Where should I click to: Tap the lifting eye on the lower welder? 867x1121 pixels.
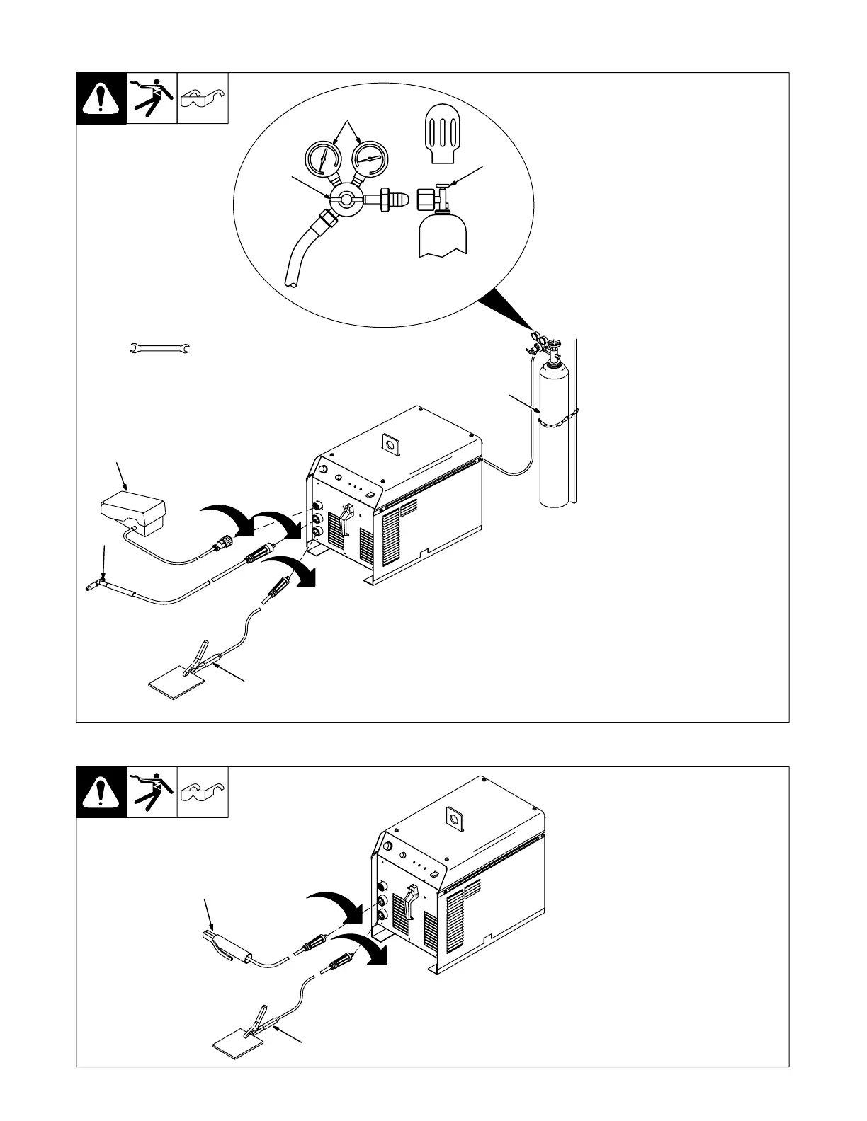[x=450, y=817]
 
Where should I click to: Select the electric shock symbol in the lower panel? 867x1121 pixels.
[x=152, y=792]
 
